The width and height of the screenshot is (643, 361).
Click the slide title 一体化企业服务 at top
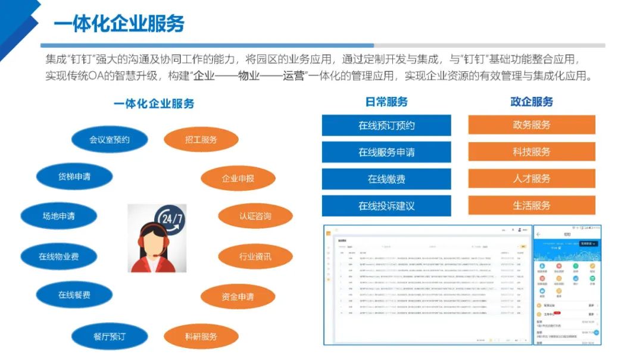pos(118,24)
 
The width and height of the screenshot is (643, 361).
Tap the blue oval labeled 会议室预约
pos(110,140)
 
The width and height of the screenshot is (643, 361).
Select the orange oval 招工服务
pos(201,140)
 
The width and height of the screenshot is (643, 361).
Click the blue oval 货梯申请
pos(74,177)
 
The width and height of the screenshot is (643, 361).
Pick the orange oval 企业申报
pos(238,178)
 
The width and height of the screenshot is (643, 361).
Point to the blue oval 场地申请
pos(58,216)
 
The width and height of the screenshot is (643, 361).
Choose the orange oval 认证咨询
pos(255,216)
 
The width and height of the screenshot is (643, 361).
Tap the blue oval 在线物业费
pos(58,257)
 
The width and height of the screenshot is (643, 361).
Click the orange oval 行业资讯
pos(255,257)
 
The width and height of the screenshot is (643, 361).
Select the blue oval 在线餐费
pos(74,295)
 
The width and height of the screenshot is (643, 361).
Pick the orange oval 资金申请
pos(238,297)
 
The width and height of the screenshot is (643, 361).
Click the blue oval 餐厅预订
pos(110,336)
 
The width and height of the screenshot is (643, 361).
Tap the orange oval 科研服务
pos(201,337)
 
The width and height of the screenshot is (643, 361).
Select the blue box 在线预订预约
pos(386,125)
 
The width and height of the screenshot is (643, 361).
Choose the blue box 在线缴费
pos(386,179)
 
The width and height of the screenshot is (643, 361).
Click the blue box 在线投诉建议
pos(386,206)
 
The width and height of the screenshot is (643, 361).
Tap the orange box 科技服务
pos(532,152)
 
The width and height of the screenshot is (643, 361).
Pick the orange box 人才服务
pos(532,178)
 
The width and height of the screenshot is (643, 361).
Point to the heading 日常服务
pos(386,102)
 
